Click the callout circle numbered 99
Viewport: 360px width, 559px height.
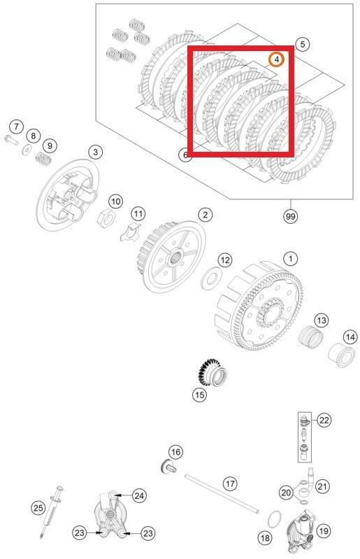click(x=290, y=216)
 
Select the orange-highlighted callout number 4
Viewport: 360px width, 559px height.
click(x=278, y=59)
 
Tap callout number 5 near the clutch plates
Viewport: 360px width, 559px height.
click(x=302, y=44)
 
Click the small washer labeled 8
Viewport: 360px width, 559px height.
click(x=27, y=149)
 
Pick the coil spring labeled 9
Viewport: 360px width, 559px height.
click(x=44, y=160)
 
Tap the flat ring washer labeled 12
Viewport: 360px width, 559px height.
click(x=208, y=280)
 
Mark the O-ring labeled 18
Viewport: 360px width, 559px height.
click(x=275, y=521)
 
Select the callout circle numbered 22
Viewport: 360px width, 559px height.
click(x=324, y=420)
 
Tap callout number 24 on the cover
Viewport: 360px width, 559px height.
click(x=139, y=495)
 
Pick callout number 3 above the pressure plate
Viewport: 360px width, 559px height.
click(x=95, y=152)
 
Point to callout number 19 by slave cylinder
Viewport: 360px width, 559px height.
click(x=324, y=531)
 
